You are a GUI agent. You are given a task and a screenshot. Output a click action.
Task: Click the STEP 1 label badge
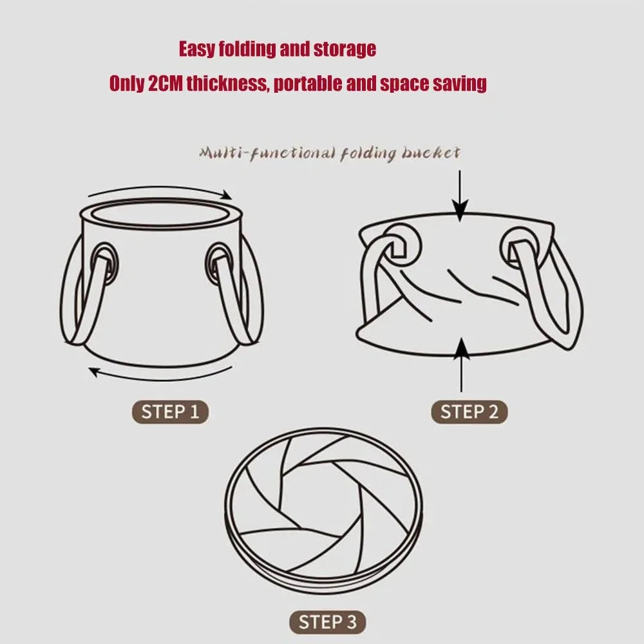(171, 412)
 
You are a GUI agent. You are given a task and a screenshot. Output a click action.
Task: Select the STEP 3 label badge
(327, 622)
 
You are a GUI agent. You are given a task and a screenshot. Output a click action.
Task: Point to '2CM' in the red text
(165, 84)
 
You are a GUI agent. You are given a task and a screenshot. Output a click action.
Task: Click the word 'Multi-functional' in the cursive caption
(257, 153)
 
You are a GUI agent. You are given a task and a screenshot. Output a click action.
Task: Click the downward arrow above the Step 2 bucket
(460, 196)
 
